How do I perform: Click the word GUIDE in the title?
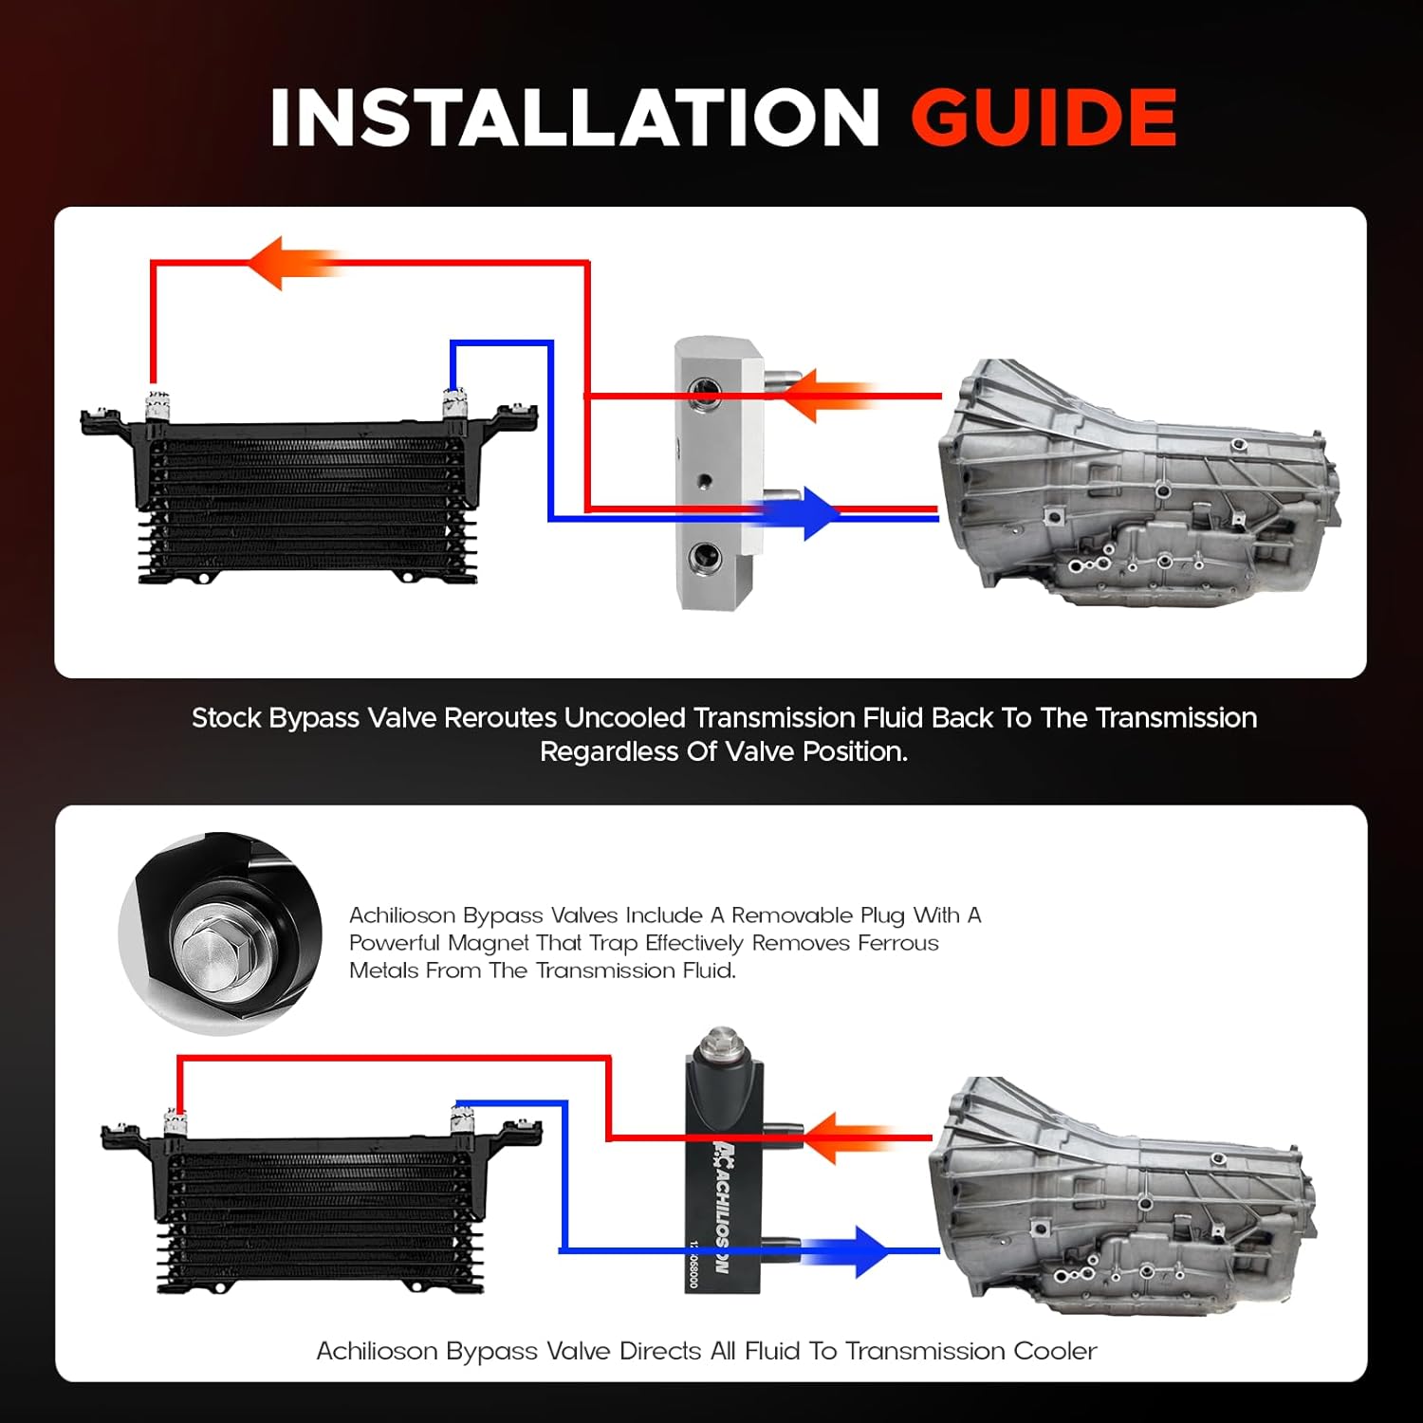tap(1044, 118)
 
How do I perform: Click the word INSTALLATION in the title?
tap(575, 118)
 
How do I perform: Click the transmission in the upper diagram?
tap(1138, 484)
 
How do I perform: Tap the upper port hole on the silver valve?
tap(704, 390)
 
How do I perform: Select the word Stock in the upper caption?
tap(227, 718)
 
